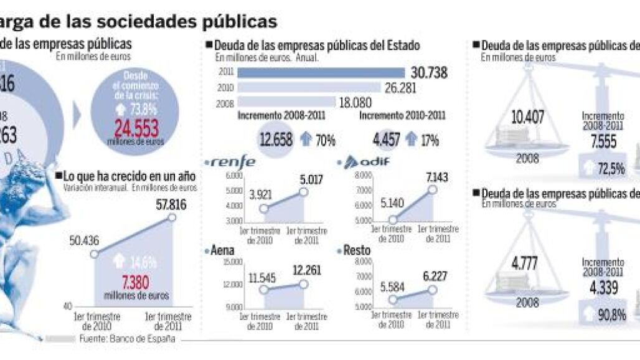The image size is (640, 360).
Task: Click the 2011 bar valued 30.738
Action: click(x=321, y=72)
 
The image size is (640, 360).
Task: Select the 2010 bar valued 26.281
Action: click(x=309, y=88)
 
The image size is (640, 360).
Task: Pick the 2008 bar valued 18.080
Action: click(x=287, y=103)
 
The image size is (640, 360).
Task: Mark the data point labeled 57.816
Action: click(x=172, y=217)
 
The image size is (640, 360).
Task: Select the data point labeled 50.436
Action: click(x=93, y=253)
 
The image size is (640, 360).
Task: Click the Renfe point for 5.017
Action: click(x=303, y=192)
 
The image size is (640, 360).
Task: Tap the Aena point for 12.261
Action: click(x=303, y=284)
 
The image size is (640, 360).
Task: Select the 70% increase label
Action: click(x=326, y=140)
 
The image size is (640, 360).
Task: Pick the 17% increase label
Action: click(x=430, y=140)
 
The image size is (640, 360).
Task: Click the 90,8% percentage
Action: click(x=611, y=315)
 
